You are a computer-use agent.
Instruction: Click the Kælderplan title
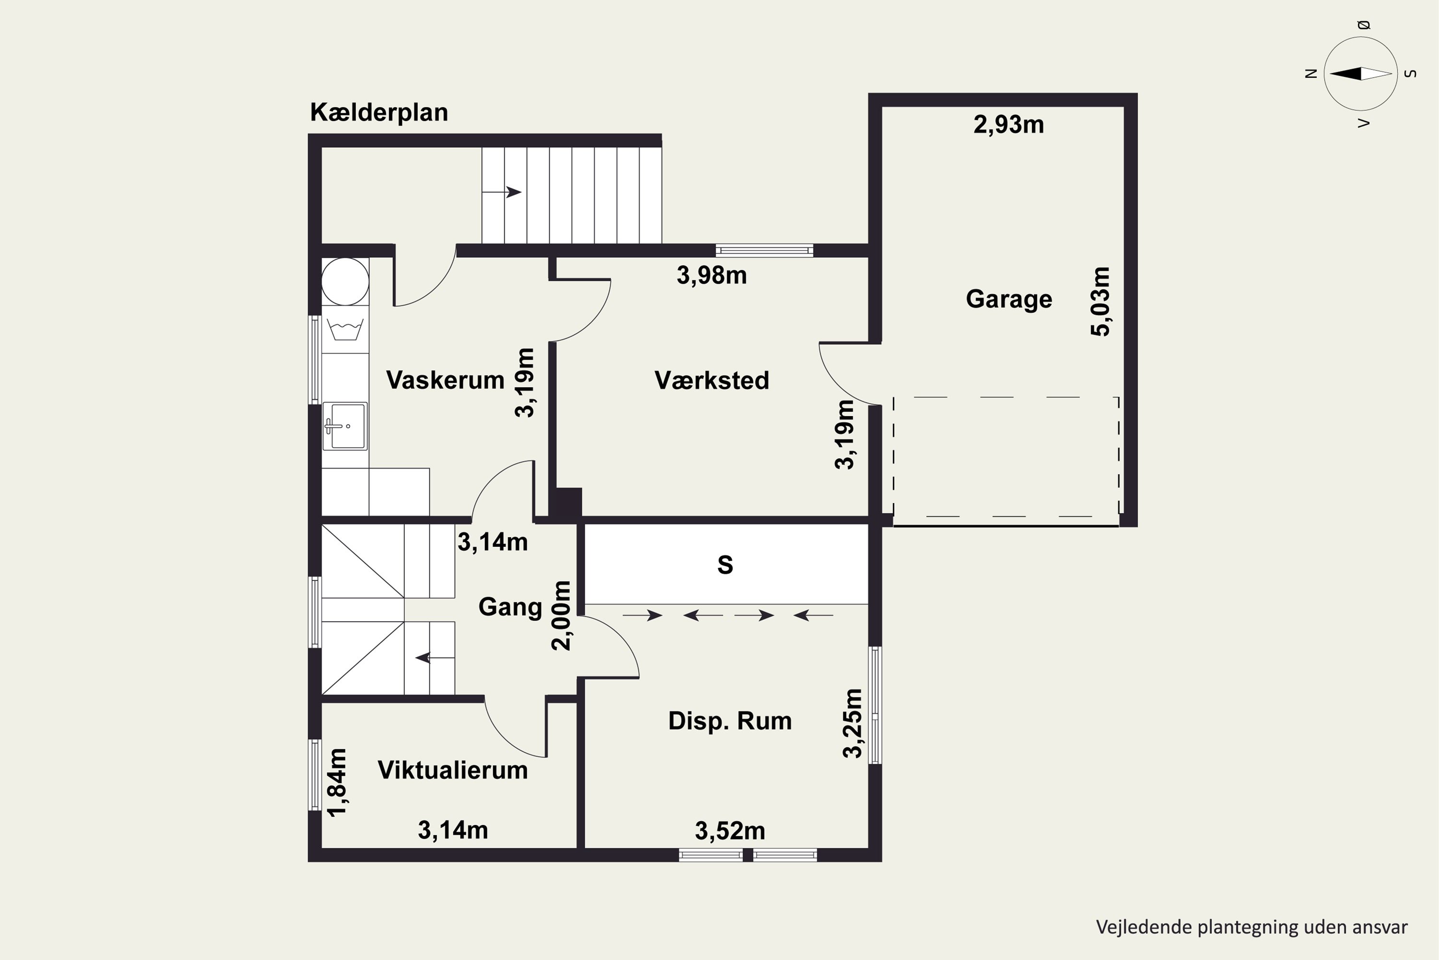[x=379, y=113]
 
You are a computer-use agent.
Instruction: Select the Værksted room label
[x=711, y=380]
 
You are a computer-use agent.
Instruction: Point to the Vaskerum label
[x=445, y=380]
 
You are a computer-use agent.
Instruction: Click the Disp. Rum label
[x=730, y=721]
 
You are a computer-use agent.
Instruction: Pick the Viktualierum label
[x=453, y=770]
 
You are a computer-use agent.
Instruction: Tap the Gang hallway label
[x=510, y=607]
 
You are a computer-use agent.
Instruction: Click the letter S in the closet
[x=725, y=564]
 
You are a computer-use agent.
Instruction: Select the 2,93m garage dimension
[x=1008, y=125]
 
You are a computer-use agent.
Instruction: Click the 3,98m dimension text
[x=711, y=276]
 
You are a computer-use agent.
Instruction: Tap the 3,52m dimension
[x=730, y=831]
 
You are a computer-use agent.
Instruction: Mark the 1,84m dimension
[x=337, y=782]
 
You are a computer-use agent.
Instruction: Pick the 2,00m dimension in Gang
[x=561, y=615]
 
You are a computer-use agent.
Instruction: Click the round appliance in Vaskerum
[x=345, y=282]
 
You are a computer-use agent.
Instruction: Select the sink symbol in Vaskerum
[x=345, y=426]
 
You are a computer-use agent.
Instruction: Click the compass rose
[x=1361, y=74]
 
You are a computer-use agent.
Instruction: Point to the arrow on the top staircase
[x=502, y=192]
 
